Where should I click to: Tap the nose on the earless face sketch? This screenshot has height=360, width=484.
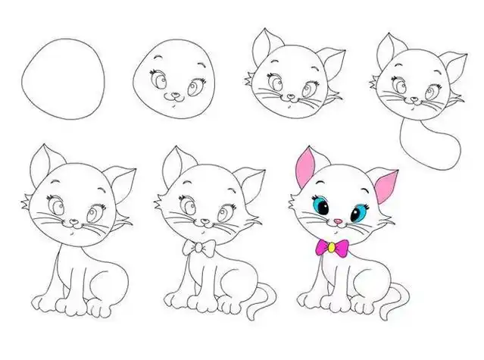175,96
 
